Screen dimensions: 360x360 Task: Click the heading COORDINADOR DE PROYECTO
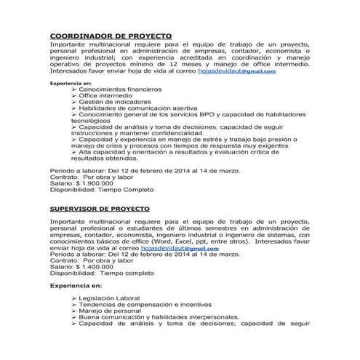(110, 36)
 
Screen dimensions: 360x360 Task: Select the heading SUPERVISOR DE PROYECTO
(105, 209)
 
